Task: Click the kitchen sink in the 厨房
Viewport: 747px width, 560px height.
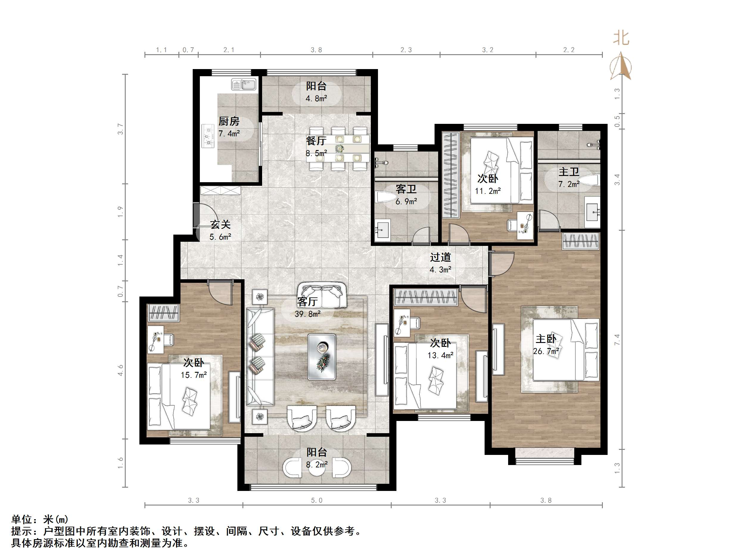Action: [x=244, y=84]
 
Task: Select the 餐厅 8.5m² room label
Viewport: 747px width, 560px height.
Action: [x=316, y=146]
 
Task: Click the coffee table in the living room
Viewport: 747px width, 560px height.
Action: [x=321, y=357]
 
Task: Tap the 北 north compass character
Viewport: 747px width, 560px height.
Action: [x=621, y=38]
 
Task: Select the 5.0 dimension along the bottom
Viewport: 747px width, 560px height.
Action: [x=316, y=500]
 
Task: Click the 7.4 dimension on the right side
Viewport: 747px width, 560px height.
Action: [x=617, y=339]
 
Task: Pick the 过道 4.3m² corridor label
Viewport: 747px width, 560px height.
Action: [x=440, y=263]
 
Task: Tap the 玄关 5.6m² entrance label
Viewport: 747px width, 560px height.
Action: [x=220, y=230]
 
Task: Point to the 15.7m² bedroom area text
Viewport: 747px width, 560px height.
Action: [x=194, y=375]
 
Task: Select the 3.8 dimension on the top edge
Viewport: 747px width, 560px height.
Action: [x=316, y=50]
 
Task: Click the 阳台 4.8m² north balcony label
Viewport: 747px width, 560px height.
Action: [x=316, y=92]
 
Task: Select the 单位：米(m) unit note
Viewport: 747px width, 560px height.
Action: [x=40, y=519]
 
